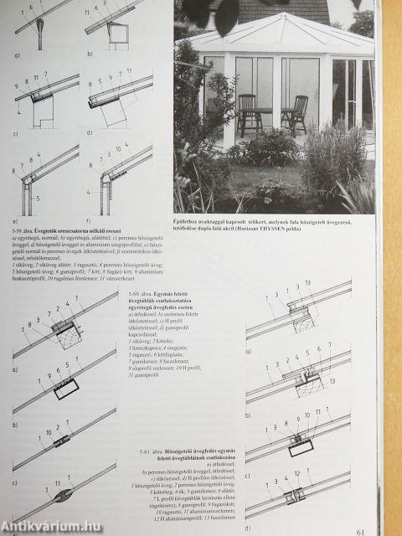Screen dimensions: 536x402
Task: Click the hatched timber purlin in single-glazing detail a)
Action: click(x=66, y=333)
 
